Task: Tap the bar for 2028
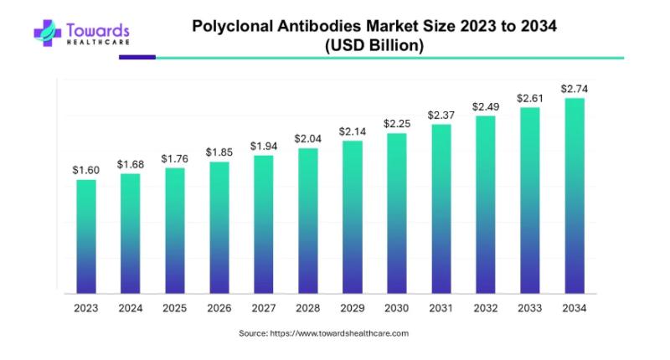pyautogui.click(x=307, y=221)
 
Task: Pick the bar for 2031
pyautogui.click(x=441, y=208)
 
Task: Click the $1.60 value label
pyautogui.click(x=85, y=170)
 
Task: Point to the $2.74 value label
pyautogui.click(x=574, y=88)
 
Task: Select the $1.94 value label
pyautogui.click(x=263, y=146)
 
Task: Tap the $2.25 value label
pyautogui.click(x=396, y=123)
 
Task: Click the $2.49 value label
pyautogui.click(x=485, y=106)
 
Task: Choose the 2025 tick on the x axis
pyautogui.click(x=174, y=308)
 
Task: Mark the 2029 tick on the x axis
pyautogui.click(x=352, y=308)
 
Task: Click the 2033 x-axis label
pyautogui.click(x=529, y=308)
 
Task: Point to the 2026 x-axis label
pyautogui.click(x=219, y=308)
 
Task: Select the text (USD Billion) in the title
pyautogui.click(x=374, y=46)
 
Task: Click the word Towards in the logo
pyautogui.click(x=99, y=28)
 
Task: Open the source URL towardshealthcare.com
pyautogui.click(x=339, y=333)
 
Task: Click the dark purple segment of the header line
pyautogui.click(x=137, y=58)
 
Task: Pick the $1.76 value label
pyautogui.click(x=174, y=158)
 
